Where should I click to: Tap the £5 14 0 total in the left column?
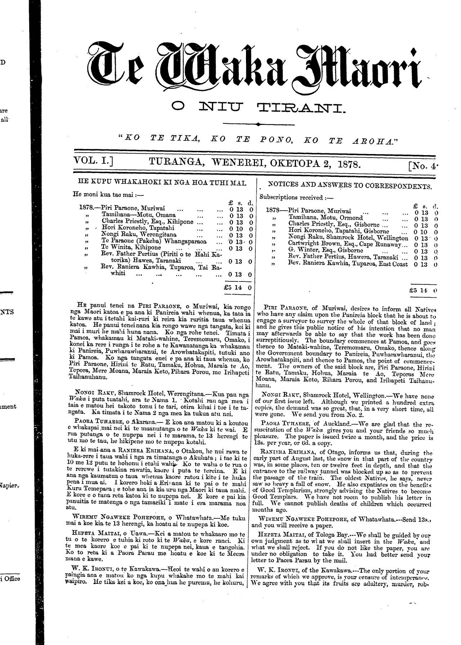[237, 288]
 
